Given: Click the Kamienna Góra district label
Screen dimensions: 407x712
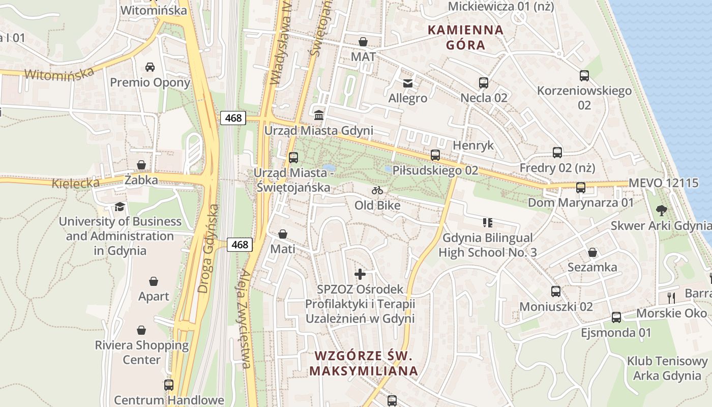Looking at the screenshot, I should click(x=465, y=37).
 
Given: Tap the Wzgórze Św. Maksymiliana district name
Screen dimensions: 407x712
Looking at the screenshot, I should click(x=363, y=363).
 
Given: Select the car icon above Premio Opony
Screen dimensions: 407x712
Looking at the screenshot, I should click(x=150, y=67).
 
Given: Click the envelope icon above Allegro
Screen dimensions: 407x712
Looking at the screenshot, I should click(x=408, y=83).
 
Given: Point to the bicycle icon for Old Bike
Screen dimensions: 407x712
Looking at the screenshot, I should click(x=377, y=190).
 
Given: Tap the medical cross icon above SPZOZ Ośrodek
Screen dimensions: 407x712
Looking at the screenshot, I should click(x=360, y=274).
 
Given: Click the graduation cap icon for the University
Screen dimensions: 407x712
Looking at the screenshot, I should click(x=120, y=207).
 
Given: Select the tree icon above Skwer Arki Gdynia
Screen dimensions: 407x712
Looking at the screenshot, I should click(x=661, y=210).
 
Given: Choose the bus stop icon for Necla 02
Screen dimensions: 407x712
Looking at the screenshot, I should click(x=484, y=82).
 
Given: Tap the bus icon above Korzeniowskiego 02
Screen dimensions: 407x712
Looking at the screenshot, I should click(x=584, y=76).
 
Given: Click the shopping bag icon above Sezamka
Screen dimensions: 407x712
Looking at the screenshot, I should click(x=592, y=252).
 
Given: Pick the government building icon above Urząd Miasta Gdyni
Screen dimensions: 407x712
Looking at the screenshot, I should click(x=319, y=115).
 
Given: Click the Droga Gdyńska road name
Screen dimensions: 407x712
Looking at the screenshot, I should click(x=209, y=249).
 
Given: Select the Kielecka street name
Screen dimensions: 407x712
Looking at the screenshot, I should click(x=75, y=183).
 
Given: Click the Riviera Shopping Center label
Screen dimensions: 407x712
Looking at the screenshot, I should click(x=141, y=352).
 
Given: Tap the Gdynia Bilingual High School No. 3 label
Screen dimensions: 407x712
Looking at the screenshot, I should click(x=488, y=245).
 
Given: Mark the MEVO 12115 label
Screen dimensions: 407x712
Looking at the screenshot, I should click(x=664, y=183).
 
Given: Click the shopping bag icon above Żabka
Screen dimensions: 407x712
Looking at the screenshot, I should click(x=141, y=165).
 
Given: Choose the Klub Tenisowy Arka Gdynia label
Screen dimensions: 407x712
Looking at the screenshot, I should click(x=667, y=368).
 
